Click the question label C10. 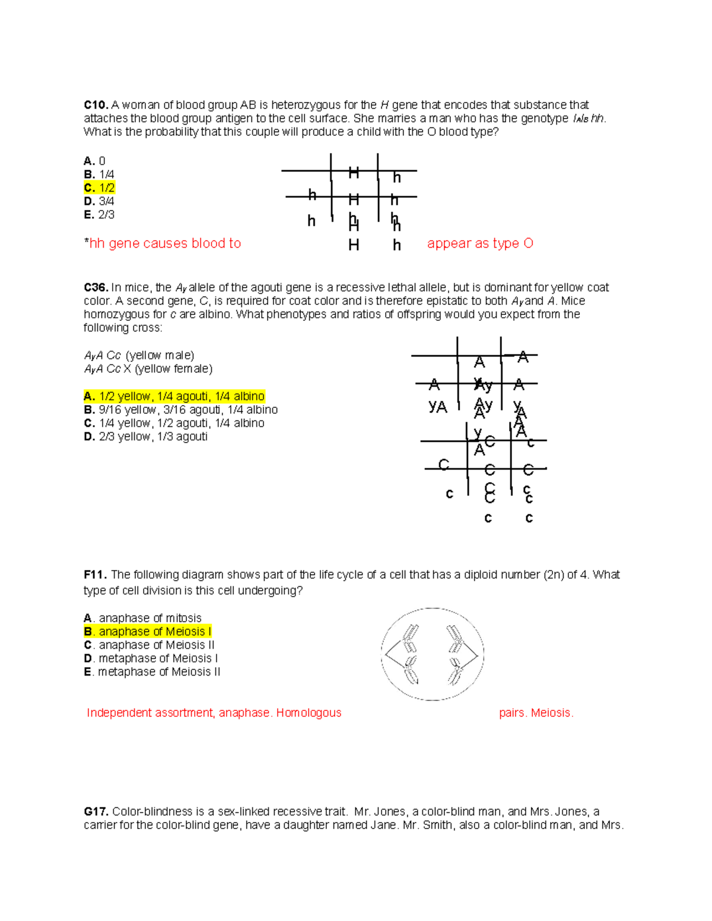pyautogui.click(x=96, y=106)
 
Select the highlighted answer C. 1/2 pyautogui.click(x=100, y=188)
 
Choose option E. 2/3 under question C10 pyautogui.click(x=98, y=215)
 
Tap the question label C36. pyautogui.click(x=96, y=288)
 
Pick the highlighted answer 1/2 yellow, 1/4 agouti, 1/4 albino pyautogui.click(x=174, y=396)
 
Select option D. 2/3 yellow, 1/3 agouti pyautogui.click(x=145, y=436)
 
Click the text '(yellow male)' pyautogui.click(x=160, y=355)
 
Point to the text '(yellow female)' pyautogui.click(x=173, y=369)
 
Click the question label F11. pyautogui.click(x=95, y=575)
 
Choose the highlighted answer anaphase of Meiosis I pyautogui.click(x=148, y=632)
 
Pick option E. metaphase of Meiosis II pyautogui.click(x=152, y=672)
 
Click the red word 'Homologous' pyautogui.click(x=309, y=713)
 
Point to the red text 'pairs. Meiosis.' pyautogui.click(x=536, y=713)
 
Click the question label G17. pyautogui.click(x=96, y=812)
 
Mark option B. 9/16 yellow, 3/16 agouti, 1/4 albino pyautogui.click(x=180, y=410)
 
